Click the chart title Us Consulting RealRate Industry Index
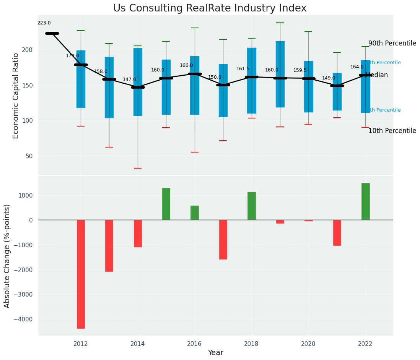tap(210, 8)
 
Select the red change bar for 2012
tap(81, 274)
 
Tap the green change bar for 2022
tap(365, 201)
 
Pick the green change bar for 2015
tap(166, 204)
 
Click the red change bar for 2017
tap(223, 239)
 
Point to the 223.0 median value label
tap(44, 23)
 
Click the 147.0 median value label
tap(129, 79)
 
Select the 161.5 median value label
tap(243, 69)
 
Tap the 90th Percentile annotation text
tap(392, 43)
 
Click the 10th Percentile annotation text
tap(392, 131)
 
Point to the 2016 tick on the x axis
tap(195, 344)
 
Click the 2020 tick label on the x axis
tap(308, 344)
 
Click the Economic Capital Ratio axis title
tap(16, 96)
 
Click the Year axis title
tap(215, 353)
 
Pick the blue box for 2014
tap(138, 82)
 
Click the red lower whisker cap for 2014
tap(138, 168)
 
